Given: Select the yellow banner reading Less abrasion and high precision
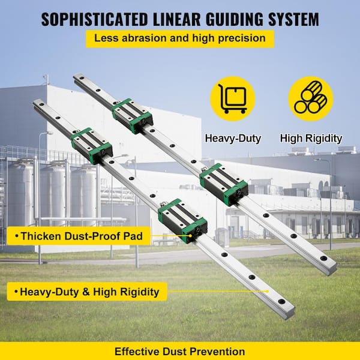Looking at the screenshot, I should point(179,39).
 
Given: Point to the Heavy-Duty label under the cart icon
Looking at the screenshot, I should point(233,139).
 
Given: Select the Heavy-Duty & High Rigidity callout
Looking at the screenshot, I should point(85,292).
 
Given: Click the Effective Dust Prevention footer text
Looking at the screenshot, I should point(179,351).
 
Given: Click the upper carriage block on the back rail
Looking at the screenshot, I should point(133,115).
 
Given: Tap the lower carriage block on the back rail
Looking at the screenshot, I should point(224,184).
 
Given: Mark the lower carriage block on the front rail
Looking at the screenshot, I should point(183,219).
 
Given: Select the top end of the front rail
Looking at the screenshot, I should point(38,104).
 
